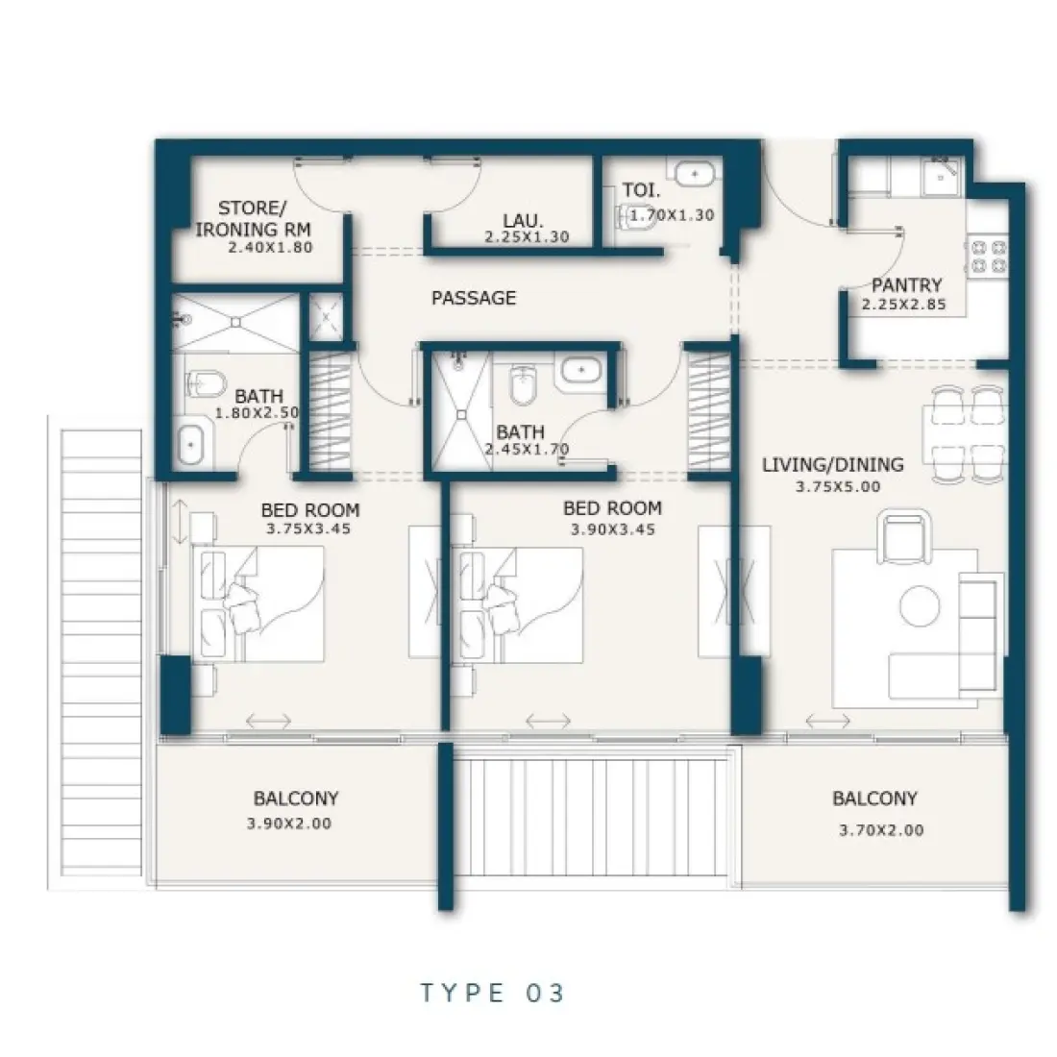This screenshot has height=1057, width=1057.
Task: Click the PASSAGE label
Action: click(473, 298)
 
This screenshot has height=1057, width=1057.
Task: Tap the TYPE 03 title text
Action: click(492, 993)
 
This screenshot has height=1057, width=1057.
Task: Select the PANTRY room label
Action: click(906, 285)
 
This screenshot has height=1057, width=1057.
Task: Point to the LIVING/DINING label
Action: click(832, 465)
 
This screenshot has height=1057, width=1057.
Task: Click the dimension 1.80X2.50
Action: click(264, 412)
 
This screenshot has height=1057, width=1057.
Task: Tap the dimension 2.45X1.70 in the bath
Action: click(526, 449)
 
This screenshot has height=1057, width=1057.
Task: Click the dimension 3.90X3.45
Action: click(612, 529)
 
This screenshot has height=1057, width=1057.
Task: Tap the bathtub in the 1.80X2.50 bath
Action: click(194, 445)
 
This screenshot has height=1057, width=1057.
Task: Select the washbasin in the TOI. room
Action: click(691, 175)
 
